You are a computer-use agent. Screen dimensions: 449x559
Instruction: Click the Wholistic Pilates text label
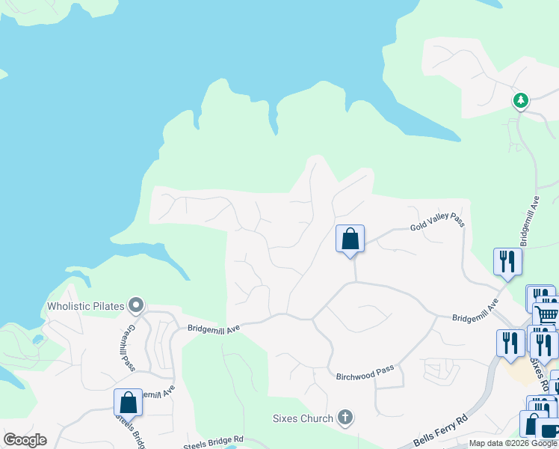(85, 305)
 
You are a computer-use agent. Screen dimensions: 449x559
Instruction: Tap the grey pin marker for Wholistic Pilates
(135, 305)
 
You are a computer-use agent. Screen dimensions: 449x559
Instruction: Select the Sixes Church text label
(302, 418)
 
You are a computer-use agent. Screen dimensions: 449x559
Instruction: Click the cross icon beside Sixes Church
(345, 417)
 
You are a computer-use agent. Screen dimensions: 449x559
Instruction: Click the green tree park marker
(520, 100)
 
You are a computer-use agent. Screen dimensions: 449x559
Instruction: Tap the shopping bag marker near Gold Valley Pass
(350, 239)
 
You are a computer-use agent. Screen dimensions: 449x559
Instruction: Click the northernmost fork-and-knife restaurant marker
(507, 261)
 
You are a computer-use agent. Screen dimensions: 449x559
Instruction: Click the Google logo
(25, 440)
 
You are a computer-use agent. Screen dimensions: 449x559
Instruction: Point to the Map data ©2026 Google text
(513, 443)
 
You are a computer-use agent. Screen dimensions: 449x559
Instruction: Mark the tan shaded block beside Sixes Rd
(520, 371)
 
